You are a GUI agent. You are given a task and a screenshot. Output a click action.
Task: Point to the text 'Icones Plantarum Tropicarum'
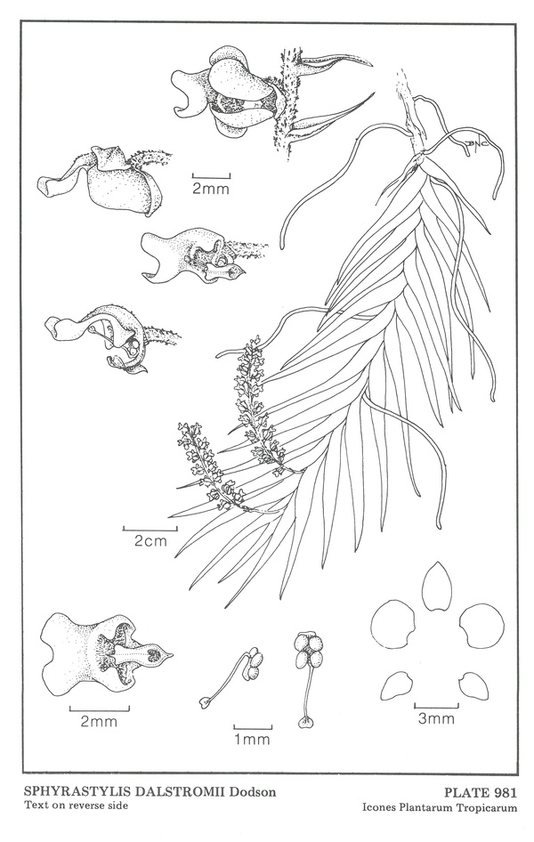pos(440,807)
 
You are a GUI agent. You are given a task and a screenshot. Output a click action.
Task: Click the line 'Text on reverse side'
pos(76,805)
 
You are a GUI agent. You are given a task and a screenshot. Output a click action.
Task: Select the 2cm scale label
pos(150,541)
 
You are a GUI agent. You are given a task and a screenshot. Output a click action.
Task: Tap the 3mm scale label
pos(436,718)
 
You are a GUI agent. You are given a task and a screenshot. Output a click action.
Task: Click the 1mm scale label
pos(252,740)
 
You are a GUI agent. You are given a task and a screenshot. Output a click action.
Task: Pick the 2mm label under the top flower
pos(211,189)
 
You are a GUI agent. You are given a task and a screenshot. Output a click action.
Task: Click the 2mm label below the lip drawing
pos(99,721)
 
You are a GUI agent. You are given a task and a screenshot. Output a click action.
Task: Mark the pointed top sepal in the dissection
pos(437,587)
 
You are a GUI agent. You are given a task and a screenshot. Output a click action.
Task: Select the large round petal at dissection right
pos(482,626)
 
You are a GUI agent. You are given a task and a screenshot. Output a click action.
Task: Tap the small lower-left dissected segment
pos(397,685)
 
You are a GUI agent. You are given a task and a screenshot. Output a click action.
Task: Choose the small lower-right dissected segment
pos(473,686)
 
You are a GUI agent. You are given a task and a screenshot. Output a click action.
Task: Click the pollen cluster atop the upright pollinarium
pos(309,650)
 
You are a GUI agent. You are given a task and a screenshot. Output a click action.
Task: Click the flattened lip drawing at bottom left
pos(106,654)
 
